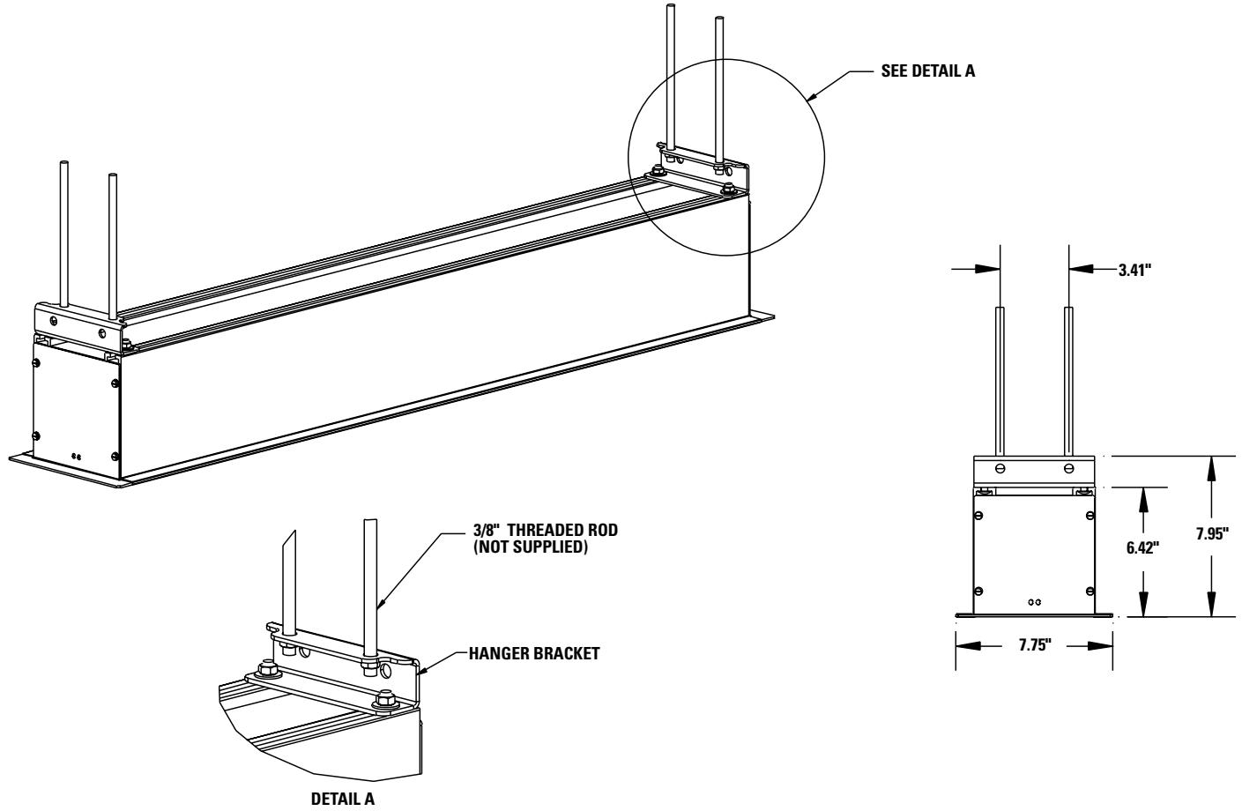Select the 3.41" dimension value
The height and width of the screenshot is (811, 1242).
(x=1136, y=271)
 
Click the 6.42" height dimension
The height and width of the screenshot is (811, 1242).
(x=1143, y=547)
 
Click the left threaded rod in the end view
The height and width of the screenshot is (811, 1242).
(x=1001, y=379)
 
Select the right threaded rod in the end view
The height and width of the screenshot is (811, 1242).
(x=1068, y=379)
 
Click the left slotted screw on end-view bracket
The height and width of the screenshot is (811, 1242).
(x=1000, y=467)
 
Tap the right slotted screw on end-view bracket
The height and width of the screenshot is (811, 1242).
(x=1069, y=467)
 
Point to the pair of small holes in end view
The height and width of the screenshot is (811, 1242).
(x=1035, y=601)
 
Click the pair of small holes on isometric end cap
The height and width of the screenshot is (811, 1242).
(x=77, y=457)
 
